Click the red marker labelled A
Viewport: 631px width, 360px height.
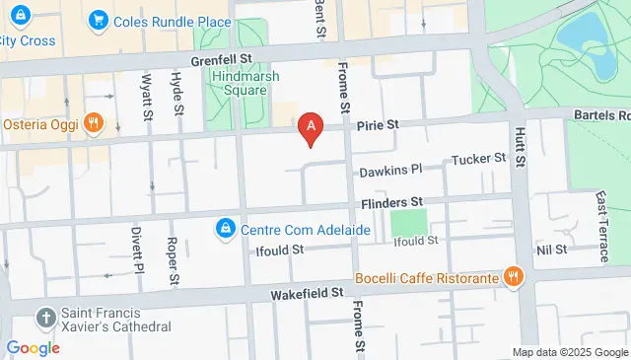[313, 127]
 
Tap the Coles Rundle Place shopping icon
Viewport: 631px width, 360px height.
[98, 20]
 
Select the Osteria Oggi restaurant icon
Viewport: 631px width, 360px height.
[94, 123]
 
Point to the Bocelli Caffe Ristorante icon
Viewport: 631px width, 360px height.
[512, 277]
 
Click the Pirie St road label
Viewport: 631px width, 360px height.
[376, 125]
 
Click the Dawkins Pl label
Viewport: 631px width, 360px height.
[391, 171]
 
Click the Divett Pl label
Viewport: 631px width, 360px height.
[137, 251]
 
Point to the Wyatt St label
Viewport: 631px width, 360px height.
[148, 93]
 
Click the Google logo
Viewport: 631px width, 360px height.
[33, 347]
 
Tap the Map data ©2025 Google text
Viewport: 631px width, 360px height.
[569, 352]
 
